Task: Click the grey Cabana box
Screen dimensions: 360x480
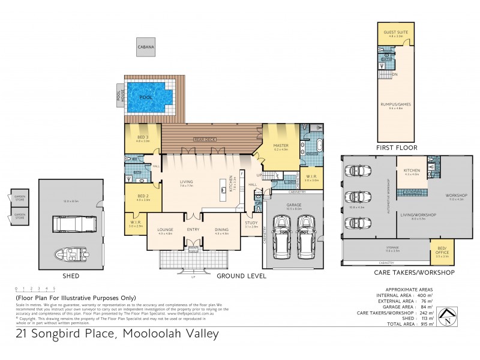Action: point(146,46)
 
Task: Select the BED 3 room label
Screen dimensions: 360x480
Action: point(142,139)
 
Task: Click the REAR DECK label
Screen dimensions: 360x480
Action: point(205,139)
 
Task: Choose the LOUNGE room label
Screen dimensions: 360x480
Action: point(165,229)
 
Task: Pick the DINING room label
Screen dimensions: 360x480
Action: point(221,229)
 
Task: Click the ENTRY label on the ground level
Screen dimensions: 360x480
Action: point(193,229)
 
